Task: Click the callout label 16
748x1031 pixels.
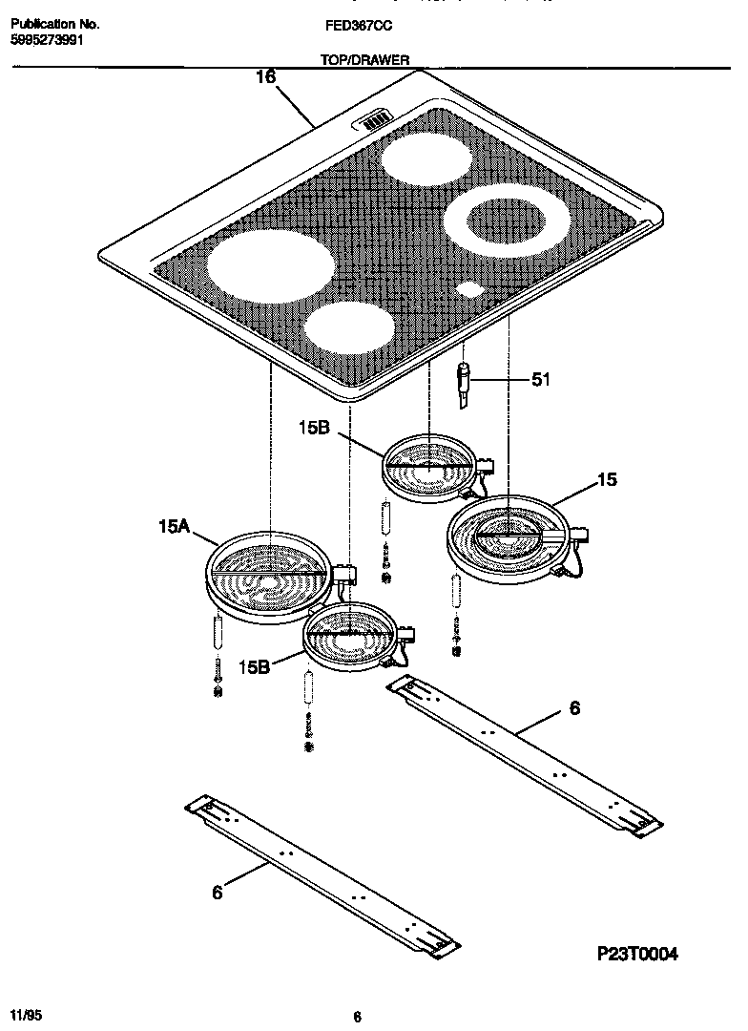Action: point(265,79)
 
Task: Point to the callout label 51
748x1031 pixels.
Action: point(541,380)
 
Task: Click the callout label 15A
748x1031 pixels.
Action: point(176,524)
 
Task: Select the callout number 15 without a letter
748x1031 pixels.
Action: point(607,480)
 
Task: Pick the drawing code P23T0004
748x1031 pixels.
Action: point(637,954)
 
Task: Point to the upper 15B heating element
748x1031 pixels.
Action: point(430,466)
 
